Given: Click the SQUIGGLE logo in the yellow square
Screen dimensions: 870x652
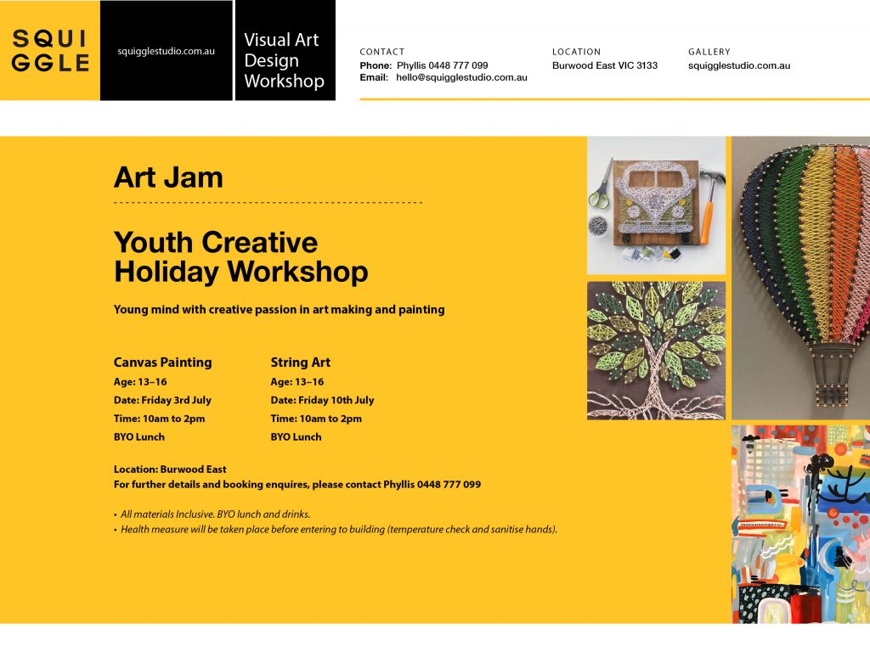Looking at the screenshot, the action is [50, 50].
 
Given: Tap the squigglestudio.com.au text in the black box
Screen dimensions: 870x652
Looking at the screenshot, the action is [166, 51].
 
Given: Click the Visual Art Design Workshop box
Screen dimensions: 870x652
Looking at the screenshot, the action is [285, 50].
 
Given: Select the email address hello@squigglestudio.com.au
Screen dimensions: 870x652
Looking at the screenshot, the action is [461, 77].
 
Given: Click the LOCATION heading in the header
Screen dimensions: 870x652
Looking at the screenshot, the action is [577, 52].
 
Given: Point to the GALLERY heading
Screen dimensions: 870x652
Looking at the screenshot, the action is [709, 52].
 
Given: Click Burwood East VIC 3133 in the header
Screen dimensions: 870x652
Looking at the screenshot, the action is [605, 65].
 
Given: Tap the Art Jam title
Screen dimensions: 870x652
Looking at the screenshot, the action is [168, 177].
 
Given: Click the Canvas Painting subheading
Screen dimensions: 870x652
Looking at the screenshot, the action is [162, 362].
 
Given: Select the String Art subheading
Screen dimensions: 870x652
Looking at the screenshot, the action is [300, 362].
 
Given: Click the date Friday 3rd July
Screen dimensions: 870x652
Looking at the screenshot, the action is [177, 401].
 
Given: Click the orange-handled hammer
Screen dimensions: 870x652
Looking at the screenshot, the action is [709, 205].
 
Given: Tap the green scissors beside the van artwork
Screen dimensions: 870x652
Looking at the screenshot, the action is [601, 186].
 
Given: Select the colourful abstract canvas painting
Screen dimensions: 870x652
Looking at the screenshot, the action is [800, 525].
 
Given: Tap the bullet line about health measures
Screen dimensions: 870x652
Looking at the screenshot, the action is [336, 530].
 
